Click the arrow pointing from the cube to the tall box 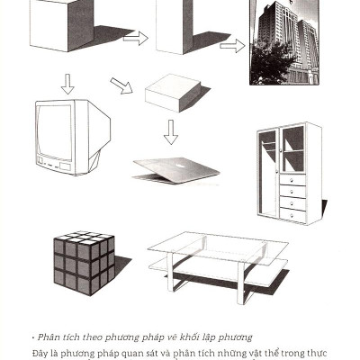(136, 38)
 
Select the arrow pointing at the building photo (232, 46)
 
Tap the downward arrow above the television (67, 84)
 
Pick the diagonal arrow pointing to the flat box (121, 85)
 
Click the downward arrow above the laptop (171, 132)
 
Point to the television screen (55, 132)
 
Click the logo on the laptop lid (180, 166)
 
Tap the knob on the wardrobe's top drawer (292, 180)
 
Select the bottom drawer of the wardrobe (292, 215)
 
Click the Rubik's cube (85, 263)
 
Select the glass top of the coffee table (218, 248)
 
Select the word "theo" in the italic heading (94, 337)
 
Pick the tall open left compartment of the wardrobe (267, 174)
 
